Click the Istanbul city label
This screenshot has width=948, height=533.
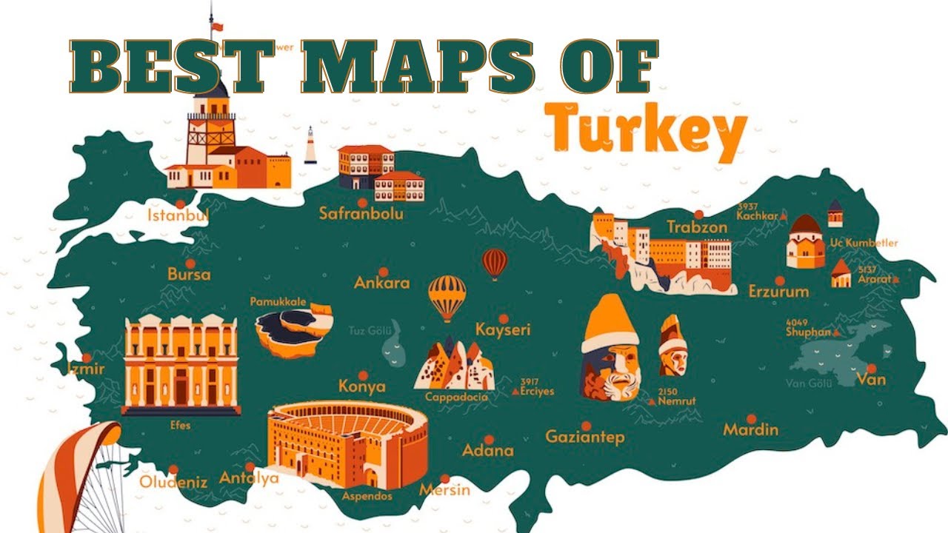tap(178, 215)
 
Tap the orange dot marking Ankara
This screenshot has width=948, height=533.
tap(383, 272)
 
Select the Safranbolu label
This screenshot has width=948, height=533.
tap(361, 214)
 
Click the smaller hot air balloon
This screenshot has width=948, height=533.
tap(495, 261)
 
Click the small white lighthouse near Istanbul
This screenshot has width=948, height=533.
tap(310, 145)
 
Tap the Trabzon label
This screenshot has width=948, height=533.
tap(697, 227)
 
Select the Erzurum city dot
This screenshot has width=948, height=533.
tap(779, 281)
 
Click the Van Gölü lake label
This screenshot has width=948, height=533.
tap(809, 383)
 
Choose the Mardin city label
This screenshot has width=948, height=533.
tap(750, 429)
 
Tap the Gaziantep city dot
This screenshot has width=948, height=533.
tap(585, 426)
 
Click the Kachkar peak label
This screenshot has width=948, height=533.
tap(757, 215)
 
